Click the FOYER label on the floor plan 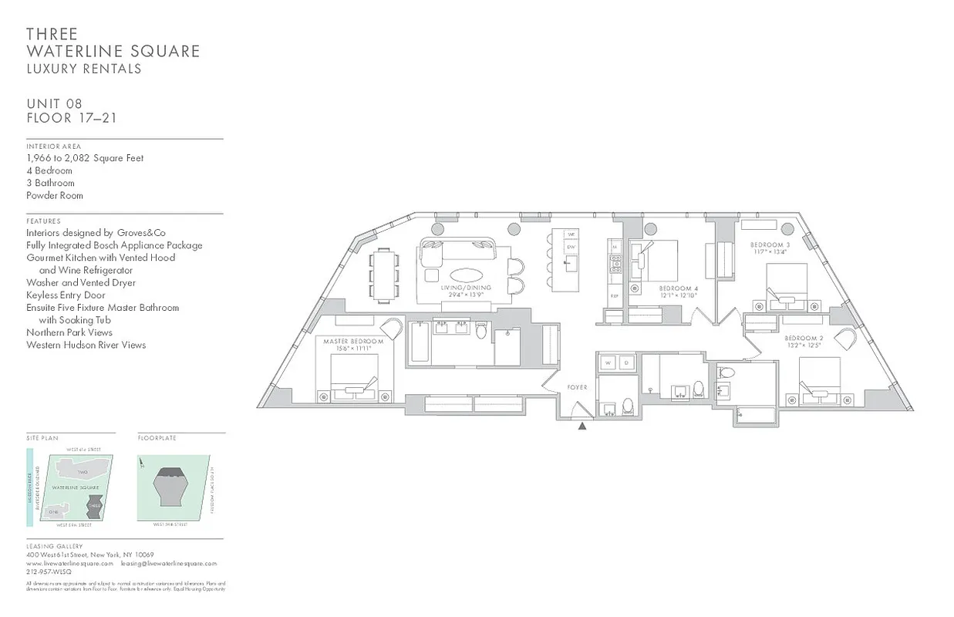[x=577, y=387]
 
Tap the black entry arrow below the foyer [x=583, y=424]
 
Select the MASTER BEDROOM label [x=353, y=341]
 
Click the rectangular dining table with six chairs [x=384, y=275]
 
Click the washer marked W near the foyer [x=607, y=362]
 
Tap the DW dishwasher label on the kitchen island [x=571, y=248]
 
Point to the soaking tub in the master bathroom [x=419, y=342]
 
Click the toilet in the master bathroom [x=482, y=331]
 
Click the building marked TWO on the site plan [x=83, y=471]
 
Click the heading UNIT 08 [x=54, y=103]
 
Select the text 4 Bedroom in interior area [x=49, y=170]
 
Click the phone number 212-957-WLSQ [x=49, y=572]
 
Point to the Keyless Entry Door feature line [x=66, y=295]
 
